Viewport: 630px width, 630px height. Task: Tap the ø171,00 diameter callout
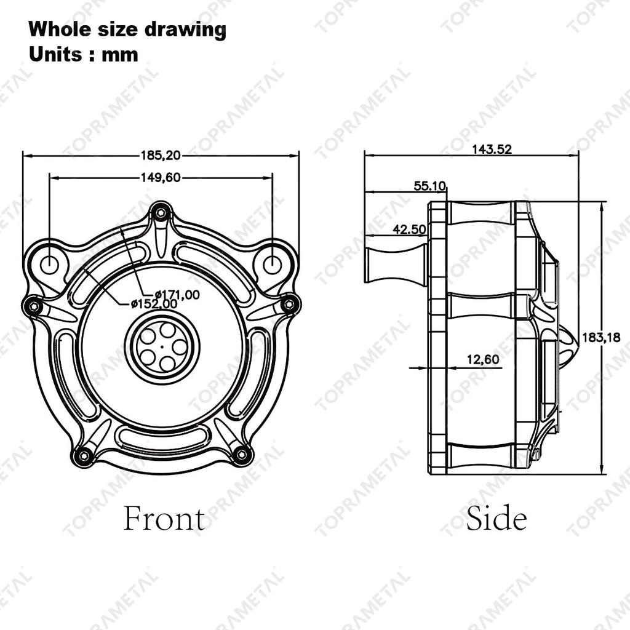point(177,295)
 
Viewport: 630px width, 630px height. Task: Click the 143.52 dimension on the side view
point(492,149)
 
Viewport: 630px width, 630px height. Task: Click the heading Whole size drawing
point(127,29)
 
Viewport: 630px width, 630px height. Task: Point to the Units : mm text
point(84,54)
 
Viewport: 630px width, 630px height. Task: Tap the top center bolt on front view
point(161,213)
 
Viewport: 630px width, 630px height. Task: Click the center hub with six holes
point(162,346)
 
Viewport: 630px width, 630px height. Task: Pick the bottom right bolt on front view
point(242,455)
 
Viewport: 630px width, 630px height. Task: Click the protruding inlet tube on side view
point(395,264)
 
